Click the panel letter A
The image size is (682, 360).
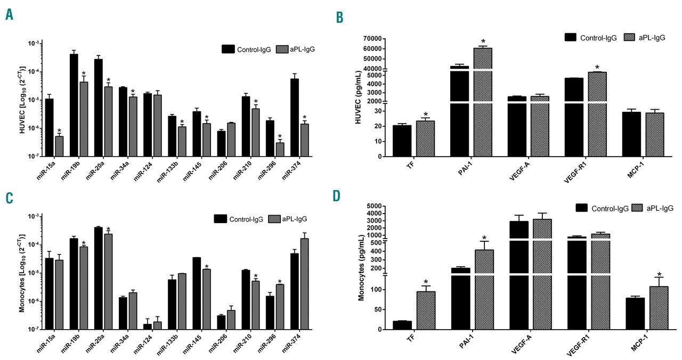coord(9,14)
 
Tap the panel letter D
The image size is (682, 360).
coord(337,195)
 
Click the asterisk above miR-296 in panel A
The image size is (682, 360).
coord(280,136)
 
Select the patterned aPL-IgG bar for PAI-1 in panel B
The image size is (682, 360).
coord(483,101)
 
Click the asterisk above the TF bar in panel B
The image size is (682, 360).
coord(426,114)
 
